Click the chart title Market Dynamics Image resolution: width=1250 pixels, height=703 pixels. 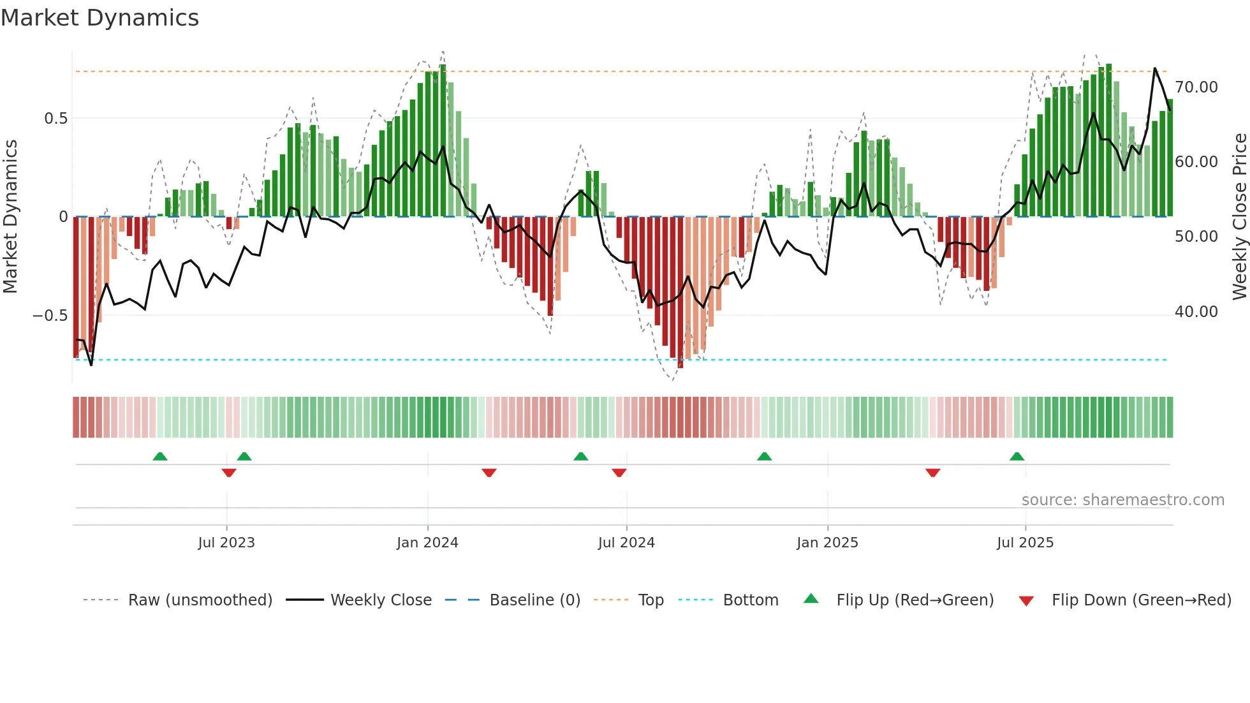click(x=99, y=18)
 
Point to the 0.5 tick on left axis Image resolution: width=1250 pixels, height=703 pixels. click(x=55, y=119)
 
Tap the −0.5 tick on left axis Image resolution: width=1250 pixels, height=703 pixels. click(x=50, y=316)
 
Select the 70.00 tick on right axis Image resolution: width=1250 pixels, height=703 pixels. click(x=1196, y=87)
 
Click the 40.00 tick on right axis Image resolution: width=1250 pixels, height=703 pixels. click(x=1196, y=312)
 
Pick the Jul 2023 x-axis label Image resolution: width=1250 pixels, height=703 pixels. click(x=226, y=543)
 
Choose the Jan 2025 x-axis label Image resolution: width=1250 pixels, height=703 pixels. click(x=827, y=543)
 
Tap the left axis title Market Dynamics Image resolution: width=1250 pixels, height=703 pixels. click(x=10, y=217)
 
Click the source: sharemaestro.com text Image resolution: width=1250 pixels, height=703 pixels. click(x=1122, y=500)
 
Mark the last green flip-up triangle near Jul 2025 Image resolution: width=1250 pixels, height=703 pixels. click(x=1017, y=457)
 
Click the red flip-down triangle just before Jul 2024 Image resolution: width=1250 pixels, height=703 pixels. click(x=619, y=473)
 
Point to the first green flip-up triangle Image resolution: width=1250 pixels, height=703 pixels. click(x=160, y=457)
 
